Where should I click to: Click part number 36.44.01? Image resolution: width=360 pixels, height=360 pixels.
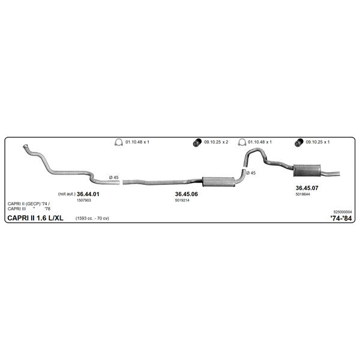[88, 194]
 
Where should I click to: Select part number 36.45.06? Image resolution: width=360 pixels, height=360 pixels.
[187, 194]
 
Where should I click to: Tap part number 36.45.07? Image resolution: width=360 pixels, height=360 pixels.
[307, 188]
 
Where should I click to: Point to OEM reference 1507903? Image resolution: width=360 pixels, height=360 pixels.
[84, 200]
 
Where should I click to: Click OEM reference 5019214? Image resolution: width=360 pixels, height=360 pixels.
[182, 200]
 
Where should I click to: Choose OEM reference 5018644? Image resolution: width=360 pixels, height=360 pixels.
[302, 194]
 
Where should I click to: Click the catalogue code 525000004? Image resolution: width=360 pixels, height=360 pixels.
[343, 212]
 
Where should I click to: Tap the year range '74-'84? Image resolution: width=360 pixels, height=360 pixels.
[341, 218]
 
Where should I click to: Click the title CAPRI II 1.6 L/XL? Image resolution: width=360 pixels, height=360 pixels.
[35, 218]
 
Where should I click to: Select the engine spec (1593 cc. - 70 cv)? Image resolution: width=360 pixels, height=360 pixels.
[92, 218]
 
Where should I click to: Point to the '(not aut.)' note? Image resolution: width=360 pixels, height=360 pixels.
[67, 194]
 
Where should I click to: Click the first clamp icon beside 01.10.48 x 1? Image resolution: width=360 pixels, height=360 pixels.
[118, 142]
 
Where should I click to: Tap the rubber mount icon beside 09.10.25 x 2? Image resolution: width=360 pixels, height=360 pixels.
[197, 143]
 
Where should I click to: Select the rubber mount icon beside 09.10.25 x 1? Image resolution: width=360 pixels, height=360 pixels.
[299, 143]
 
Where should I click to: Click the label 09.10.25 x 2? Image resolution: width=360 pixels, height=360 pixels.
[216, 142]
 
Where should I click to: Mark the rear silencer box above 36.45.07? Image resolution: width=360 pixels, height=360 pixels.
[307, 170]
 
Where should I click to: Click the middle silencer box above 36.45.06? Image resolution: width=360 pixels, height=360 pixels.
[218, 182]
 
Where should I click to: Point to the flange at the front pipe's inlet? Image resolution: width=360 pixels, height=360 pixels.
[25, 146]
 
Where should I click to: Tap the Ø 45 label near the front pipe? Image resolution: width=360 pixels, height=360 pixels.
[113, 178]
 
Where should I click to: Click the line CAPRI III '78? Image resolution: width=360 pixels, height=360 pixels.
[29, 209]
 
